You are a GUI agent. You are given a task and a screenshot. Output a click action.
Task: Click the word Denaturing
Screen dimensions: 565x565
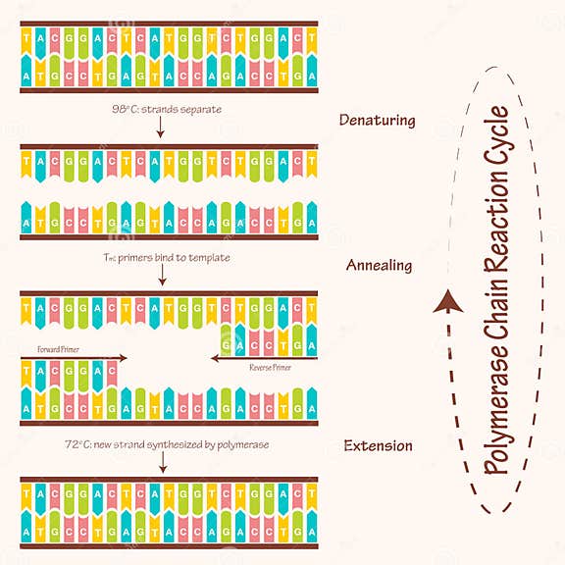point(377,121)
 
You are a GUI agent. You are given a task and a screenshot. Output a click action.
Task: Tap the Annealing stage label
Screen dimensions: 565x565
point(379,265)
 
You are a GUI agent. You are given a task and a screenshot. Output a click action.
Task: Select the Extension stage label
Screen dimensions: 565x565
point(378,446)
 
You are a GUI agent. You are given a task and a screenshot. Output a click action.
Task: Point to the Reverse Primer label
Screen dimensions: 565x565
point(270,368)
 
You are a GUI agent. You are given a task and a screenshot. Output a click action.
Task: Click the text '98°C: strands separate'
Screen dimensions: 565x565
point(161,109)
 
